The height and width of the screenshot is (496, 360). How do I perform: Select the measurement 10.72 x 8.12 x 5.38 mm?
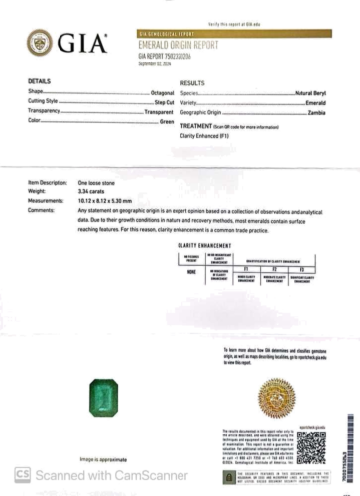pos(108,201)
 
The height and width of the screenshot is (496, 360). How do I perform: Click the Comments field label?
pos(42,209)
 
